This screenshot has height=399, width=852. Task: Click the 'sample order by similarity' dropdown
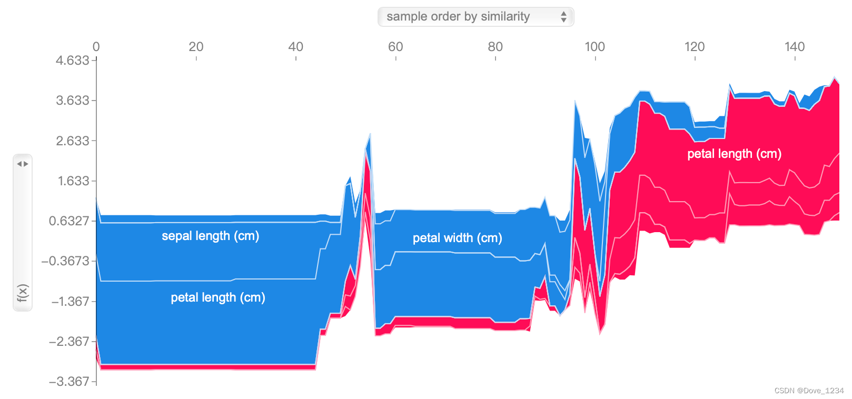point(475,17)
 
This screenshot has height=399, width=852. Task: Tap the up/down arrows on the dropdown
point(563,17)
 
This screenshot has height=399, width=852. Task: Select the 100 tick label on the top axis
point(595,47)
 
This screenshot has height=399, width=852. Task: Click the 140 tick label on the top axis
point(795,47)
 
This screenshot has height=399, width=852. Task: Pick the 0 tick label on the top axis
point(96,47)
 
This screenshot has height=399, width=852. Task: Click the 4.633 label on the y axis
point(72,60)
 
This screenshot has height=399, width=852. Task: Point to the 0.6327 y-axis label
point(69,221)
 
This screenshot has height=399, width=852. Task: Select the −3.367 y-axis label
point(69,381)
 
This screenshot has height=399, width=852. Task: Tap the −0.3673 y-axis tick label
point(65,261)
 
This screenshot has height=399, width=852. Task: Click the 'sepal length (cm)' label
point(210,236)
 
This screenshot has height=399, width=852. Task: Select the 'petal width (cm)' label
point(458,238)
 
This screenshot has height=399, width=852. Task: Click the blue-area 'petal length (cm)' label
point(218,297)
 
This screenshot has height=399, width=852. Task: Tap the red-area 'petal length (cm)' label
point(735,154)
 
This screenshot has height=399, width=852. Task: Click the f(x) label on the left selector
point(23,293)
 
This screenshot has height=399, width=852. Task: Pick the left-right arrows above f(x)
point(23,164)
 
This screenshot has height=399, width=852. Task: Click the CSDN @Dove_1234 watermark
point(809,391)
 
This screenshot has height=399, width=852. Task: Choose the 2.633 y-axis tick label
point(72,141)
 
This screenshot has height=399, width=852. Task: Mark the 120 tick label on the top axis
point(695,47)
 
